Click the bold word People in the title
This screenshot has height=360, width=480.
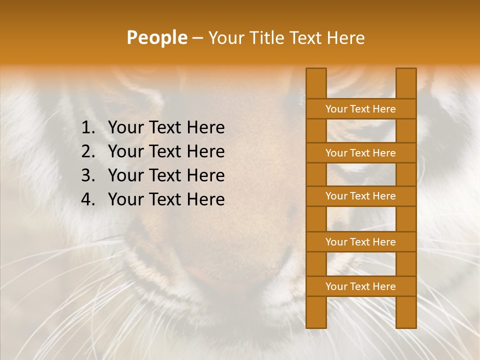point(157,38)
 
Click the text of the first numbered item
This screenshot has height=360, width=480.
point(166,128)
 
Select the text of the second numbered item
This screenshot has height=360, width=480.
point(166,151)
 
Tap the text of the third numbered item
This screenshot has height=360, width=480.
point(166,175)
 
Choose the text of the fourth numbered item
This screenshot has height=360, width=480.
point(166,199)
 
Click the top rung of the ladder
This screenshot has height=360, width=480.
point(360,109)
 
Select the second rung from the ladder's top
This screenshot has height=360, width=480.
point(360,153)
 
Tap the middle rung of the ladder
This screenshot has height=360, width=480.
point(360,196)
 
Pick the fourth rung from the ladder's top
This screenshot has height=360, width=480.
point(360,242)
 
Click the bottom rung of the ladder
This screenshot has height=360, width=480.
point(360,286)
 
